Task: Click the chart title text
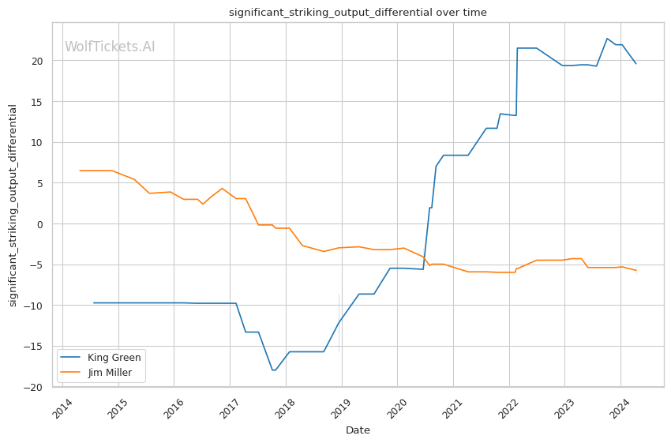(358, 13)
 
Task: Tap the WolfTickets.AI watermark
(110, 47)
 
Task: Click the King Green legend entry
(114, 358)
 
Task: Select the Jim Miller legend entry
(110, 373)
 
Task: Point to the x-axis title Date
(358, 430)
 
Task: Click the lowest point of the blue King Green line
(273, 370)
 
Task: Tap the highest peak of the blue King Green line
(607, 38)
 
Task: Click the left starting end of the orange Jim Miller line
(80, 171)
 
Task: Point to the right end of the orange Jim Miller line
(636, 271)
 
